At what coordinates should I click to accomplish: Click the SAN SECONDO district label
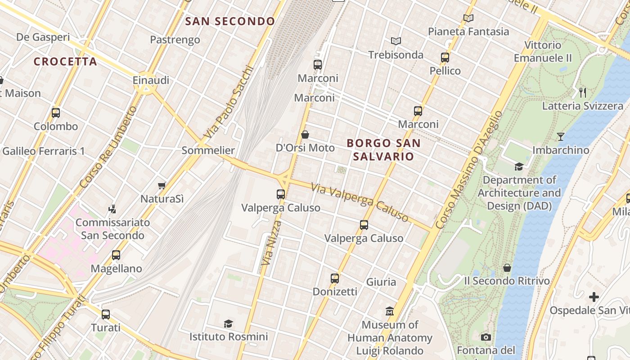(x=230, y=21)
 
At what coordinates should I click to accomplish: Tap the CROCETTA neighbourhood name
(x=65, y=62)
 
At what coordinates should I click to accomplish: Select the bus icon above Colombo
(x=56, y=113)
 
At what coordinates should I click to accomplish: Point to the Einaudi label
(x=151, y=80)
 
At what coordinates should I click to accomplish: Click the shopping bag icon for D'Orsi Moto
(x=305, y=135)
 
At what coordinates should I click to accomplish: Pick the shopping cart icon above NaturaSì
(x=162, y=185)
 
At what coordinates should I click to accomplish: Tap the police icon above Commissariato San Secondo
(x=112, y=209)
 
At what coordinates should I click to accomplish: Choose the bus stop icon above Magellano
(x=116, y=255)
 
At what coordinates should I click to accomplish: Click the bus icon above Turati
(x=106, y=314)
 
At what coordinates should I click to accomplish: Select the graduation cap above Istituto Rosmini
(x=228, y=324)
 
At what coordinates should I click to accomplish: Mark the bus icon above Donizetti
(x=335, y=278)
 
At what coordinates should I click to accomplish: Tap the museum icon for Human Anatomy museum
(x=390, y=311)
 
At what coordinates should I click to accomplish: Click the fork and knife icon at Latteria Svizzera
(x=583, y=93)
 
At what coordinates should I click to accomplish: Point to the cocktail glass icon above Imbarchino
(x=561, y=137)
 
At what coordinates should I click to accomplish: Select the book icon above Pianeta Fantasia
(x=468, y=18)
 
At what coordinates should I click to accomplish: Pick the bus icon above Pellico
(x=445, y=58)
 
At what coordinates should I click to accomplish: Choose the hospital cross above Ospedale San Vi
(x=594, y=297)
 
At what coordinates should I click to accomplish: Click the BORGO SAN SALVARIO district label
(x=384, y=150)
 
